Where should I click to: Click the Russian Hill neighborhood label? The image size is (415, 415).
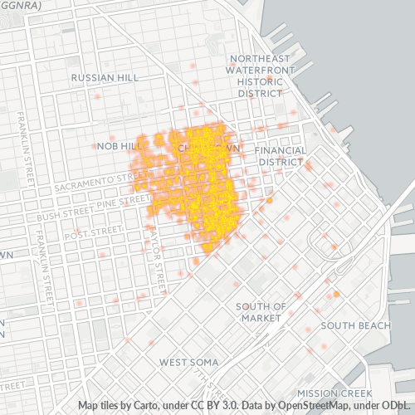point(103,77)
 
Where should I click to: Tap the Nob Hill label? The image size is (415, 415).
point(115,146)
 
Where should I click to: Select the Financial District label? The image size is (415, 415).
point(281,156)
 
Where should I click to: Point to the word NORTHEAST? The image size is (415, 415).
point(261,58)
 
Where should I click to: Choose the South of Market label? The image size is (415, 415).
point(261,311)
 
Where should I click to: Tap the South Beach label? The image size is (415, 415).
point(355,325)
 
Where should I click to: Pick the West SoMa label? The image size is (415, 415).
point(188,363)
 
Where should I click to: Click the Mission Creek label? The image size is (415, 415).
point(337,393)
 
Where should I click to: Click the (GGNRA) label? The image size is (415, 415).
point(22,4)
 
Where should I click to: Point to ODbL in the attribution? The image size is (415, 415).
point(398,405)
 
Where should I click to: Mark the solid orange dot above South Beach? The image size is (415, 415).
point(337,295)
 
